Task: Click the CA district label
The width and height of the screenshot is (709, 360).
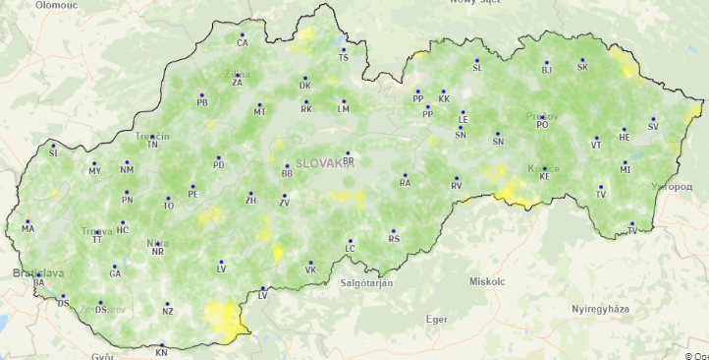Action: coord(243,43)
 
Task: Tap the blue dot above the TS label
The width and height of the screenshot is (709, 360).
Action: coord(343,48)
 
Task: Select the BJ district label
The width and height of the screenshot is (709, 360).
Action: coord(547,70)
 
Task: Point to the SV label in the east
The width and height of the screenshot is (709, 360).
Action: coord(653,127)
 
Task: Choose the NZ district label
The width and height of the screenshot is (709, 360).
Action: coord(168,312)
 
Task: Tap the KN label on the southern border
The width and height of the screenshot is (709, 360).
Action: coord(162,352)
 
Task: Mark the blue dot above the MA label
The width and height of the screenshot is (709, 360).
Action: coord(27,221)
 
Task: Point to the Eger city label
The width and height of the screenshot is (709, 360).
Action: coord(436,319)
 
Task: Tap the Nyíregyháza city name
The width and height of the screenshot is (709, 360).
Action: coord(600,309)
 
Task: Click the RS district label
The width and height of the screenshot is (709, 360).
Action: coord(394,239)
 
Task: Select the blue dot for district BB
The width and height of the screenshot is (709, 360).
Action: coord(286,165)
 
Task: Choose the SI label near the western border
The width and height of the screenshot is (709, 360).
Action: coord(53,153)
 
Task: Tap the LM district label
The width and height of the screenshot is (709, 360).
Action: coord(344,109)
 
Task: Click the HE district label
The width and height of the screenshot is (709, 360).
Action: coord(625,138)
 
